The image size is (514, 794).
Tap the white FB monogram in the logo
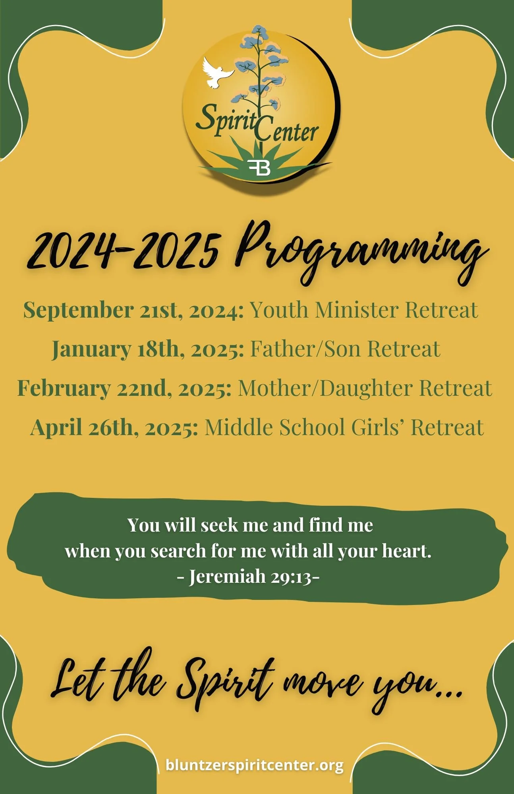pyautogui.click(x=259, y=167)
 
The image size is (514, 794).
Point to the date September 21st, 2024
pyautogui.click(x=133, y=310)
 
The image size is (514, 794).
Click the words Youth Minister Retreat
pyautogui.click(x=363, y=310)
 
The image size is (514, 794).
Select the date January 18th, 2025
pyautogui.click(x=148, y=349)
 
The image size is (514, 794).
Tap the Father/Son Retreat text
pyautogui.click(x=345, y=349)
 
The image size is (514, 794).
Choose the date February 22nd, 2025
pyautogui.click(x=124, y=388)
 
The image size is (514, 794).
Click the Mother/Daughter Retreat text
pyautogui.click(x=365, y=388)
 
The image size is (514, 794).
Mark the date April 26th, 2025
pyautogui.click(x=114, y=427)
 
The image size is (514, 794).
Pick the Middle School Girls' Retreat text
pyautogui.click(x=344, y=427)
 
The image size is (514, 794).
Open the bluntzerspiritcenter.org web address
pyautogui.click(x=254, y=765)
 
